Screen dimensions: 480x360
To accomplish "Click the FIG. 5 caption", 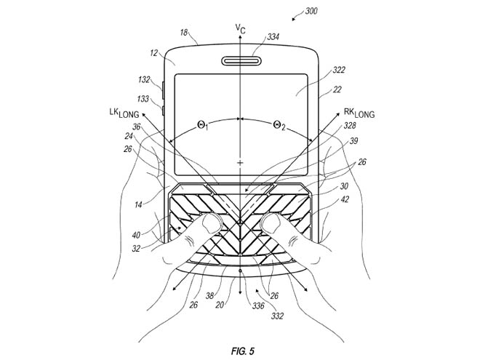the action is (243, 351).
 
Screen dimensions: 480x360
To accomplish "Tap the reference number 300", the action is (311, 12).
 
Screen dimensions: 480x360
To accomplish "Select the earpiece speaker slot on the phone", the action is (241, 60).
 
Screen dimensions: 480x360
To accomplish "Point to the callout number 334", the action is (273, 37).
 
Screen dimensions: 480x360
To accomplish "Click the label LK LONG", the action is (124, 113).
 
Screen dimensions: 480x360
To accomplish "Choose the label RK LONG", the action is (359, 113).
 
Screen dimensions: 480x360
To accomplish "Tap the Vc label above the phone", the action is (240, 29).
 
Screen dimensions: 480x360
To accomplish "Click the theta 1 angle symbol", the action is (203, 125).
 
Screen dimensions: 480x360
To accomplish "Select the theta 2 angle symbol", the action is (279, 125).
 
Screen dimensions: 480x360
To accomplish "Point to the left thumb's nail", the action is (212, 223).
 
